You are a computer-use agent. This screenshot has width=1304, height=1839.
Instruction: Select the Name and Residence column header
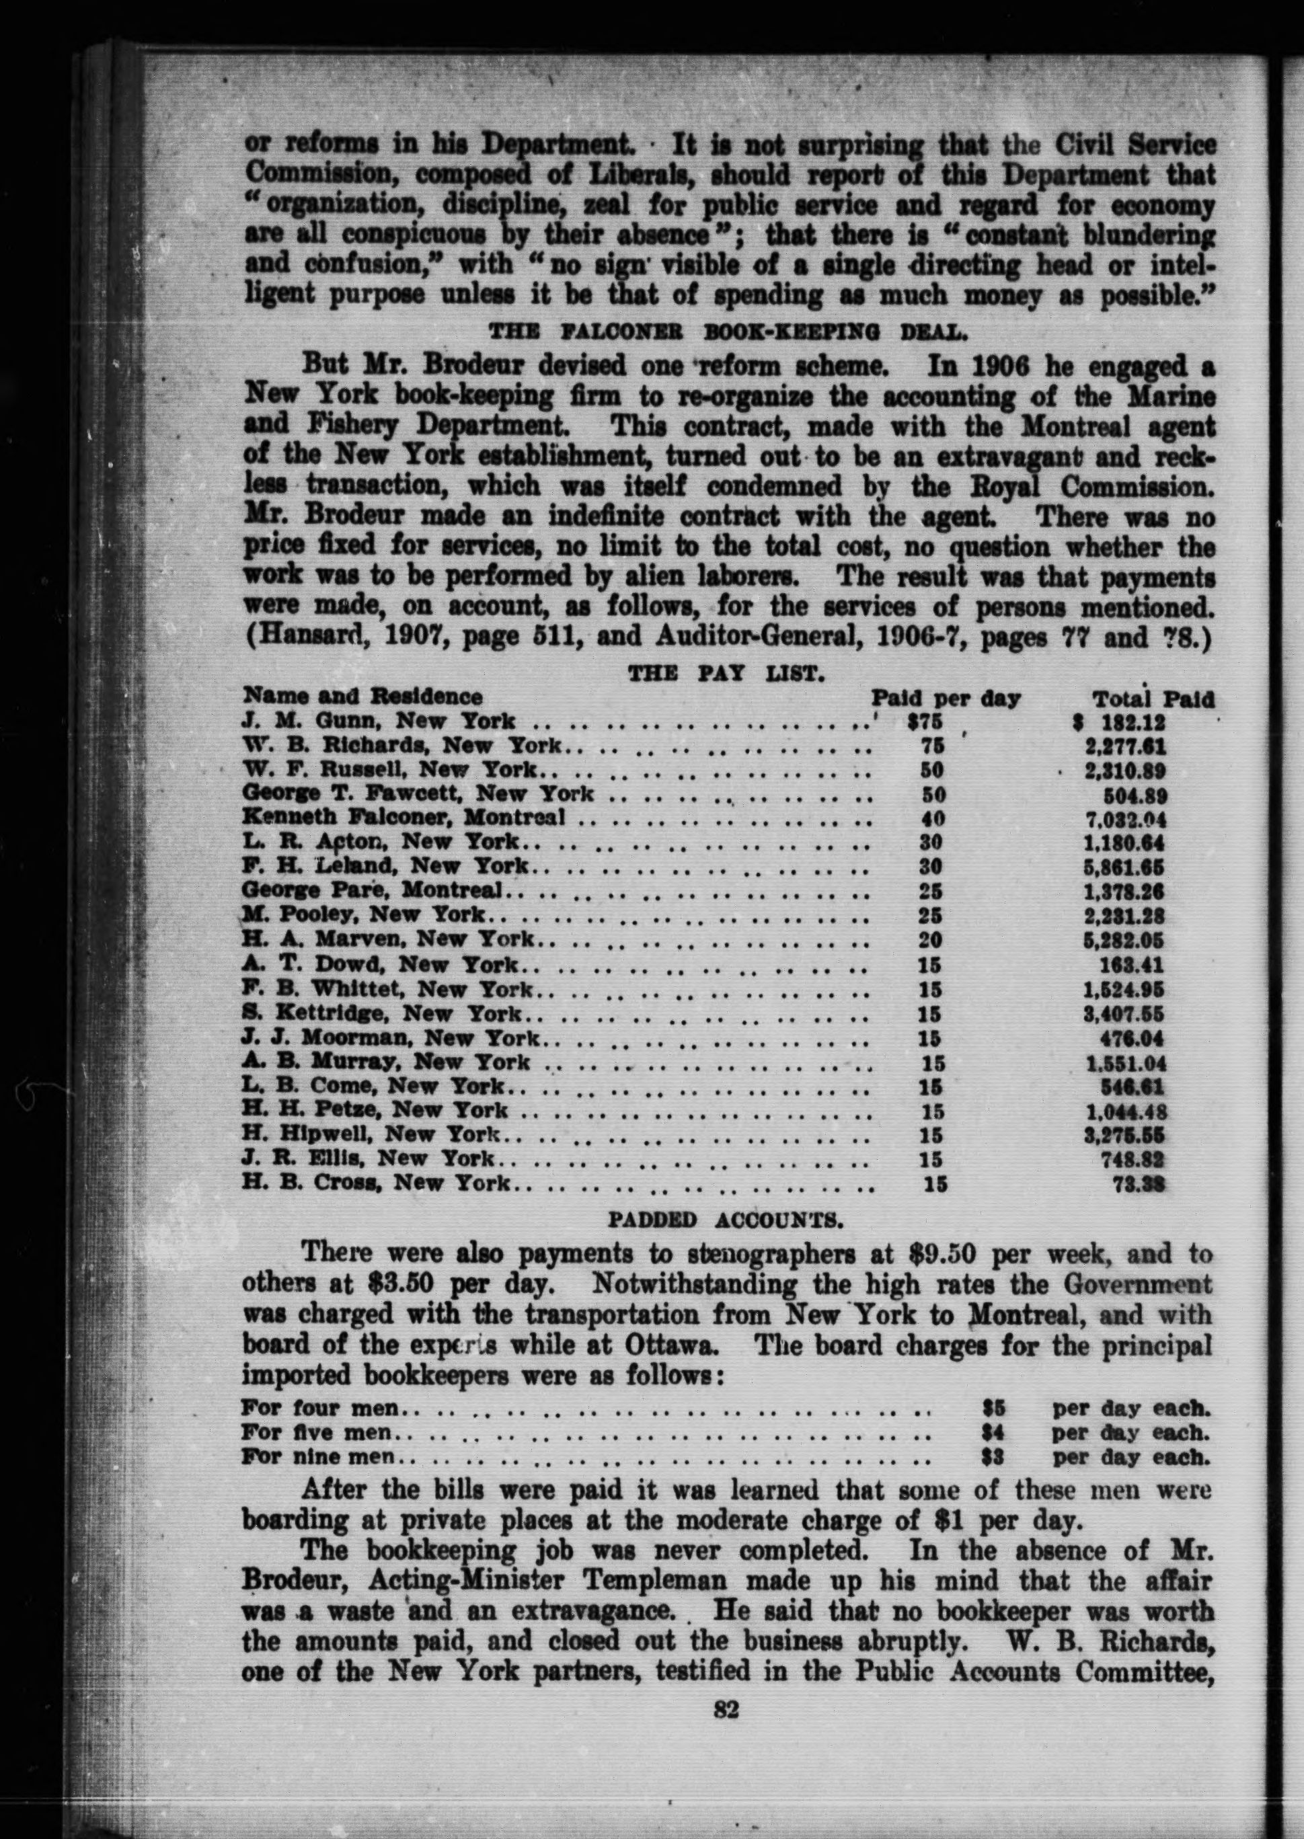coord(363,697)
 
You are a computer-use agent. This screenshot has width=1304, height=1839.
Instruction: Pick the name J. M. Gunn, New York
coord(379,721)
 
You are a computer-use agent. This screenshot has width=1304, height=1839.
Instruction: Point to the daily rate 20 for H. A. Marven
coord(930,939)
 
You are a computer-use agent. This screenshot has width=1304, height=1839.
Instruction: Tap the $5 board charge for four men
coord(994,1408)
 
